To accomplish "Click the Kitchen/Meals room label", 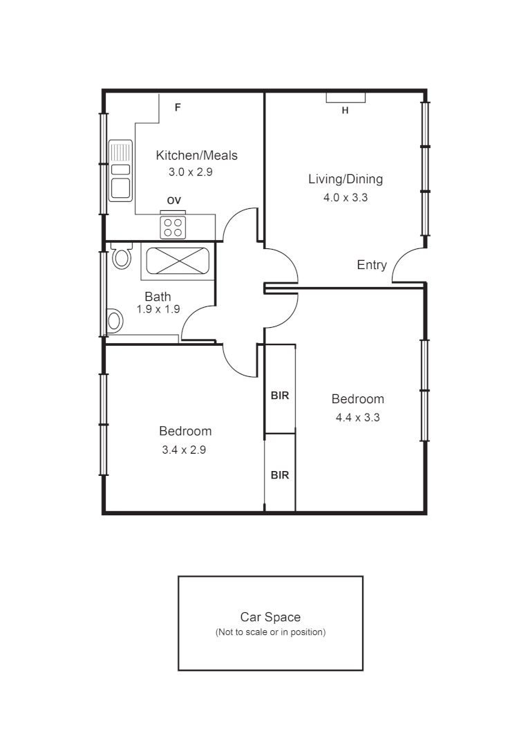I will (196, 156).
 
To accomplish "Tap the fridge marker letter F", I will (178, 108).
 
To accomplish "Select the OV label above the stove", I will (173, 201).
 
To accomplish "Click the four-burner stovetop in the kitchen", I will (173, 227).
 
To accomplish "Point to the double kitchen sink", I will (120, 169).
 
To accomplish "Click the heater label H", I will (345, 111).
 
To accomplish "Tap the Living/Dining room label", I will (345, 180).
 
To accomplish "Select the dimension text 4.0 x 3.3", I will (345, 198).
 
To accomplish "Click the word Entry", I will (372, 265).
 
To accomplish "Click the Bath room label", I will (158, 297).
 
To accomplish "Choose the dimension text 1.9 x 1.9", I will (158, 310).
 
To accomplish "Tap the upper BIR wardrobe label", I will (279, 396).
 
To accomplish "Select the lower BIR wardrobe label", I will (279, 476).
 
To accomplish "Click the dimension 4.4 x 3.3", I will (357, 418).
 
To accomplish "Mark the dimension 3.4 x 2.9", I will (185, 450).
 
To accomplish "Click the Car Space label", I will (270, 617).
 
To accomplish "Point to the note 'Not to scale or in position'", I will (270, 632).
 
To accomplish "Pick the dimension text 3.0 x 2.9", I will (190, 172).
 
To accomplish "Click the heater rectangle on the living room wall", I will (346, 98).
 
